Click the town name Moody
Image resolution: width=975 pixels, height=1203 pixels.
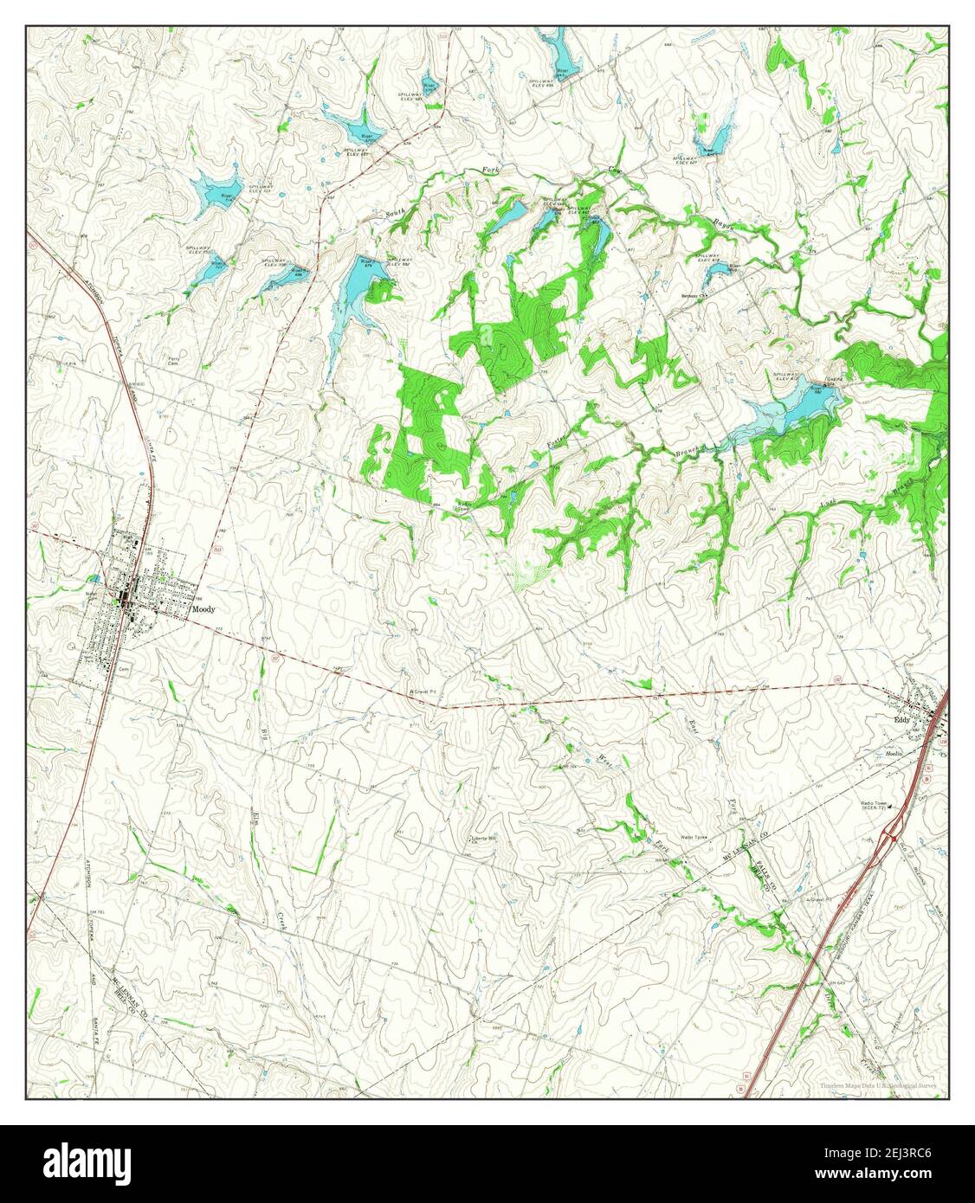tap(203, 609)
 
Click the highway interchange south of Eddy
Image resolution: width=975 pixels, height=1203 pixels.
tap(890, 835)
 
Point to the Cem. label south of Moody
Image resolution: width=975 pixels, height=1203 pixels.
tap(123, 668)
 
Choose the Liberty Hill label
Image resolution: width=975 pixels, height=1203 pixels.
tap(483, 838)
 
